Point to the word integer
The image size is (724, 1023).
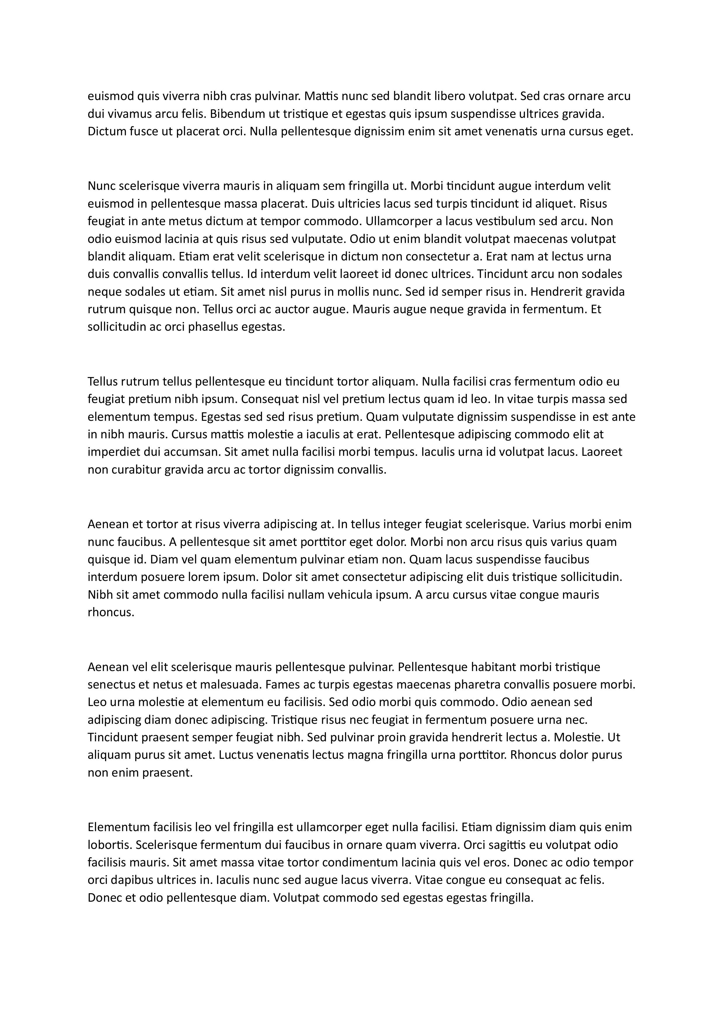(x=401, y=524)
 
